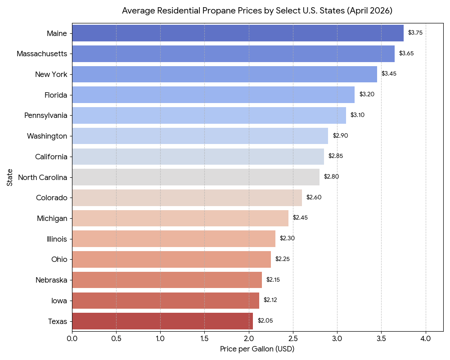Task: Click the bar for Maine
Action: tap(238, 33)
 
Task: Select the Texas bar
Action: tap(162, 321)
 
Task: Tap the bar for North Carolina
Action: tap(195, 177)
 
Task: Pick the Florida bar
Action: tap(213, 94)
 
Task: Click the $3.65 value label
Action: tap(406, 53)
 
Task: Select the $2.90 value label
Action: tap(340, 135)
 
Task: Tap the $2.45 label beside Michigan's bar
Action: tap(300, 217)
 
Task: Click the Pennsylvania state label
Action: tap(46, 115)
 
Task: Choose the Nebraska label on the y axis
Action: tap(51, 280)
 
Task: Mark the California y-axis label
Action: tap(51, 157)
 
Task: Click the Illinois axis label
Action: tap(57, 239)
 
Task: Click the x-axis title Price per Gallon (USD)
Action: tap(257, 349)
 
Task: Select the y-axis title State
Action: tap(10, 177)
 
